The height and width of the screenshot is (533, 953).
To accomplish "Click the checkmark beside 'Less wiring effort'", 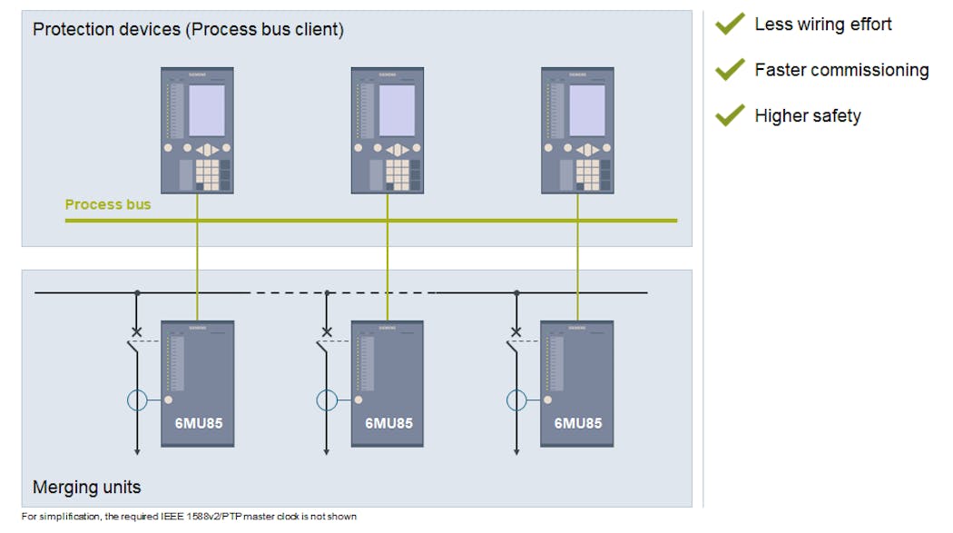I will [730, 25].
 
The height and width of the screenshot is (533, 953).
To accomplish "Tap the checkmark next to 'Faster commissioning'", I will [730, 70].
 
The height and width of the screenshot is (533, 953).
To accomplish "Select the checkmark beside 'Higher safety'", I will [730, 115].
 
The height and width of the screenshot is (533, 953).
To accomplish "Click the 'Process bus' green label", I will [108, 204].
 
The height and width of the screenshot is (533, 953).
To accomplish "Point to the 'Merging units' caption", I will [87, 488].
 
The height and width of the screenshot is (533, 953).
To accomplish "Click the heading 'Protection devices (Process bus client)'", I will [188, 30].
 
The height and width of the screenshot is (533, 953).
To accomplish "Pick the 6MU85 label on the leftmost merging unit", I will [198, 423].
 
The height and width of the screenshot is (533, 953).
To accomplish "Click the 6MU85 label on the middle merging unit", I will [388, 423].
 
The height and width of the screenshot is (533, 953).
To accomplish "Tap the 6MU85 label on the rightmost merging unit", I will [577, 423].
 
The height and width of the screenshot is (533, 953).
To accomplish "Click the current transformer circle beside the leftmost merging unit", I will [137, 400].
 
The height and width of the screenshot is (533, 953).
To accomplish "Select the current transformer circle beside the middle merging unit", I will [327, 400].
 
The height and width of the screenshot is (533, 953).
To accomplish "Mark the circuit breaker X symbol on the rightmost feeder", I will [516, 332].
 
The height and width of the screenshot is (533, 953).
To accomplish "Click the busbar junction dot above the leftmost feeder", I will [137, 293].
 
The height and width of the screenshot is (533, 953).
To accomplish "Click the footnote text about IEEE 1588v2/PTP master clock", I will [189, 517].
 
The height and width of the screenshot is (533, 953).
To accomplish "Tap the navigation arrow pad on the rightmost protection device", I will [586, 149].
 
